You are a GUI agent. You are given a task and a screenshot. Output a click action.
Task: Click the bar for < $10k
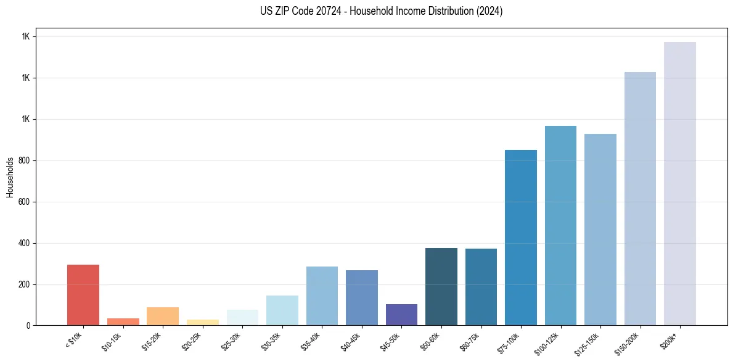coord(83,295)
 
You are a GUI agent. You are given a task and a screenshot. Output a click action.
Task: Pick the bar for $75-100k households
coord(520,238)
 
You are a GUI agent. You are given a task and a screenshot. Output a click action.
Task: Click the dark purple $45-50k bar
coord(401,315)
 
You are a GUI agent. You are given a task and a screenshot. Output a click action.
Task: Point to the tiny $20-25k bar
coord(203,322)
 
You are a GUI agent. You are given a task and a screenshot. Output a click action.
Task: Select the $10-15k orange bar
coord(123,321)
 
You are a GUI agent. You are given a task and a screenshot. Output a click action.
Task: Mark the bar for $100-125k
coord(560,225)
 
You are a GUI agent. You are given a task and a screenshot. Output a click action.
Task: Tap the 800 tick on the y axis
coord(25,160)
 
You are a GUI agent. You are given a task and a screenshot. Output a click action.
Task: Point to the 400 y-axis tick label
coord(25,243)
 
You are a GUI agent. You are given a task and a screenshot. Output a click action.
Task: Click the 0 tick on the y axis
coord(28,326)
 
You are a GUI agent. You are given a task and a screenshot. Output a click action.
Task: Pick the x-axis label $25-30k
coord(231,341)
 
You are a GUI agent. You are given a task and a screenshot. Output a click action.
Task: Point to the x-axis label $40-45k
coord(351,341)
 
